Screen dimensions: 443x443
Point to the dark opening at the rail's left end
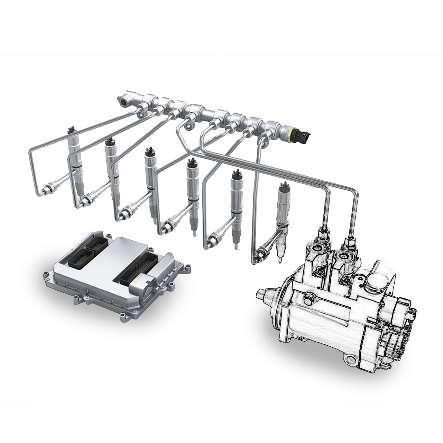click(123, 102)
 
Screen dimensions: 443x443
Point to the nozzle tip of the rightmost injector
click(279, 260)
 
